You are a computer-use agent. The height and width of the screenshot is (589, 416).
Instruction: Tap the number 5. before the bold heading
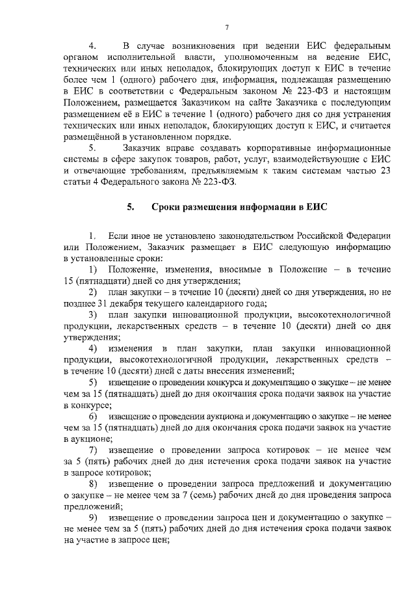coord(131,208)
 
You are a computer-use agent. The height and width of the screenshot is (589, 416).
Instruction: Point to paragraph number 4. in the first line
coord(92,46)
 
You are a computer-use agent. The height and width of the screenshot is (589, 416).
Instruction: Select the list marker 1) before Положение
coord(94,270)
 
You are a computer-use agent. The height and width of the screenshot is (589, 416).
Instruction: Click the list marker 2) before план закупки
coord(94,292)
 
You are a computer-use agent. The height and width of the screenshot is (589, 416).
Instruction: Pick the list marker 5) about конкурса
coord(94,381)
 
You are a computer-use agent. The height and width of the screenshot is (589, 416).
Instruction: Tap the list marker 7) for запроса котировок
coord(94,450)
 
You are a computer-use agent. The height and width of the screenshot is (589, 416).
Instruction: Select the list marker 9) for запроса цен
coord(94,517)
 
